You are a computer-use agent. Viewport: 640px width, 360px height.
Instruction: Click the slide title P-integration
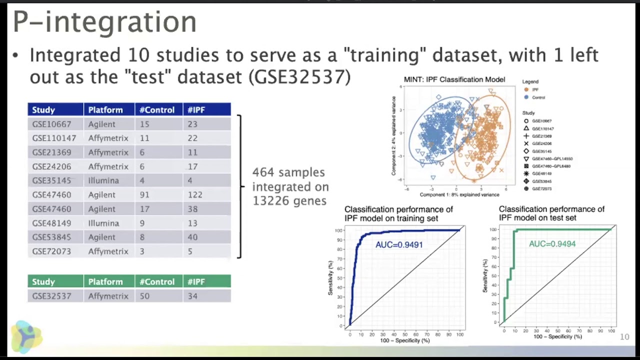point(104,22)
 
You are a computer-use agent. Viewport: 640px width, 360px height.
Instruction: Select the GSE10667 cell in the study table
point(51,124)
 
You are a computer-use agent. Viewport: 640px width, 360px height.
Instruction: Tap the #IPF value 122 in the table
point(194,194)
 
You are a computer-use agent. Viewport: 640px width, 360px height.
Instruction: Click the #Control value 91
point(144,194)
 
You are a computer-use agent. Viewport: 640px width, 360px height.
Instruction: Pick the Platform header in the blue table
point(105,109)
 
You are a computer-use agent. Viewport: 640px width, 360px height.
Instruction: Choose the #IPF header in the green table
point(196,281)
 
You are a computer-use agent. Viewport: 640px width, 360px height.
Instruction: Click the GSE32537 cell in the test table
point(51,296)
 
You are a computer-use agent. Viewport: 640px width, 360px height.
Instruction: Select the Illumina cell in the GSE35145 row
point(103,180)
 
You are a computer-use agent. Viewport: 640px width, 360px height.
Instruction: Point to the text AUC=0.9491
point(399,244)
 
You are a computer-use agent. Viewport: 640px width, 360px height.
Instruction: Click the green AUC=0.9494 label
point(552,243)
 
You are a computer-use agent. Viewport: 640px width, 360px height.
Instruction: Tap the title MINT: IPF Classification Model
point(454,79)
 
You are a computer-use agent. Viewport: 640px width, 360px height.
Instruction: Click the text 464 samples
point(288,172)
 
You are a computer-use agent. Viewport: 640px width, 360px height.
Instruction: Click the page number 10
point(624,337)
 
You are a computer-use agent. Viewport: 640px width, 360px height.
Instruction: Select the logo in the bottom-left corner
point(26,336)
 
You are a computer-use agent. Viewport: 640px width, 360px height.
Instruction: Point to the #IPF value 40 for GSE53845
point(192,237)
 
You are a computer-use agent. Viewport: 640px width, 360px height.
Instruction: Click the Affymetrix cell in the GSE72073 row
point(108,251)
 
